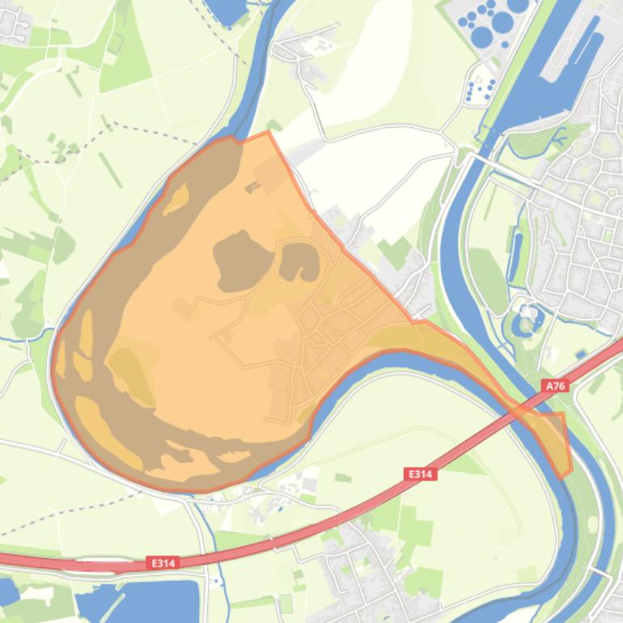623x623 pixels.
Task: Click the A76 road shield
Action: pos(555,386)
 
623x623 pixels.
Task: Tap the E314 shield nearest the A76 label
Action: pos(420,474)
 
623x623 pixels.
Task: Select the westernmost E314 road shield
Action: pos(163,562)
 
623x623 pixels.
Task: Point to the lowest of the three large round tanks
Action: pos(481,36)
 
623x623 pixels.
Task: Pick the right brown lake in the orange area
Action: pos(299,261)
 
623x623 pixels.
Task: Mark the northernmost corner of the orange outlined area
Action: pos(268,132)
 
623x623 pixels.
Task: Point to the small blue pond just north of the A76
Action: pos(581,354)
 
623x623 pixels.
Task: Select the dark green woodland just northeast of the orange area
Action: pos(395,252)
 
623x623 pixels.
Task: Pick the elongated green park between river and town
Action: pos(489,279)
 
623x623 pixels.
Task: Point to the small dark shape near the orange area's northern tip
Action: pos(252,188)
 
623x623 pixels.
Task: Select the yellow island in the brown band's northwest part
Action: pos(176,199)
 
